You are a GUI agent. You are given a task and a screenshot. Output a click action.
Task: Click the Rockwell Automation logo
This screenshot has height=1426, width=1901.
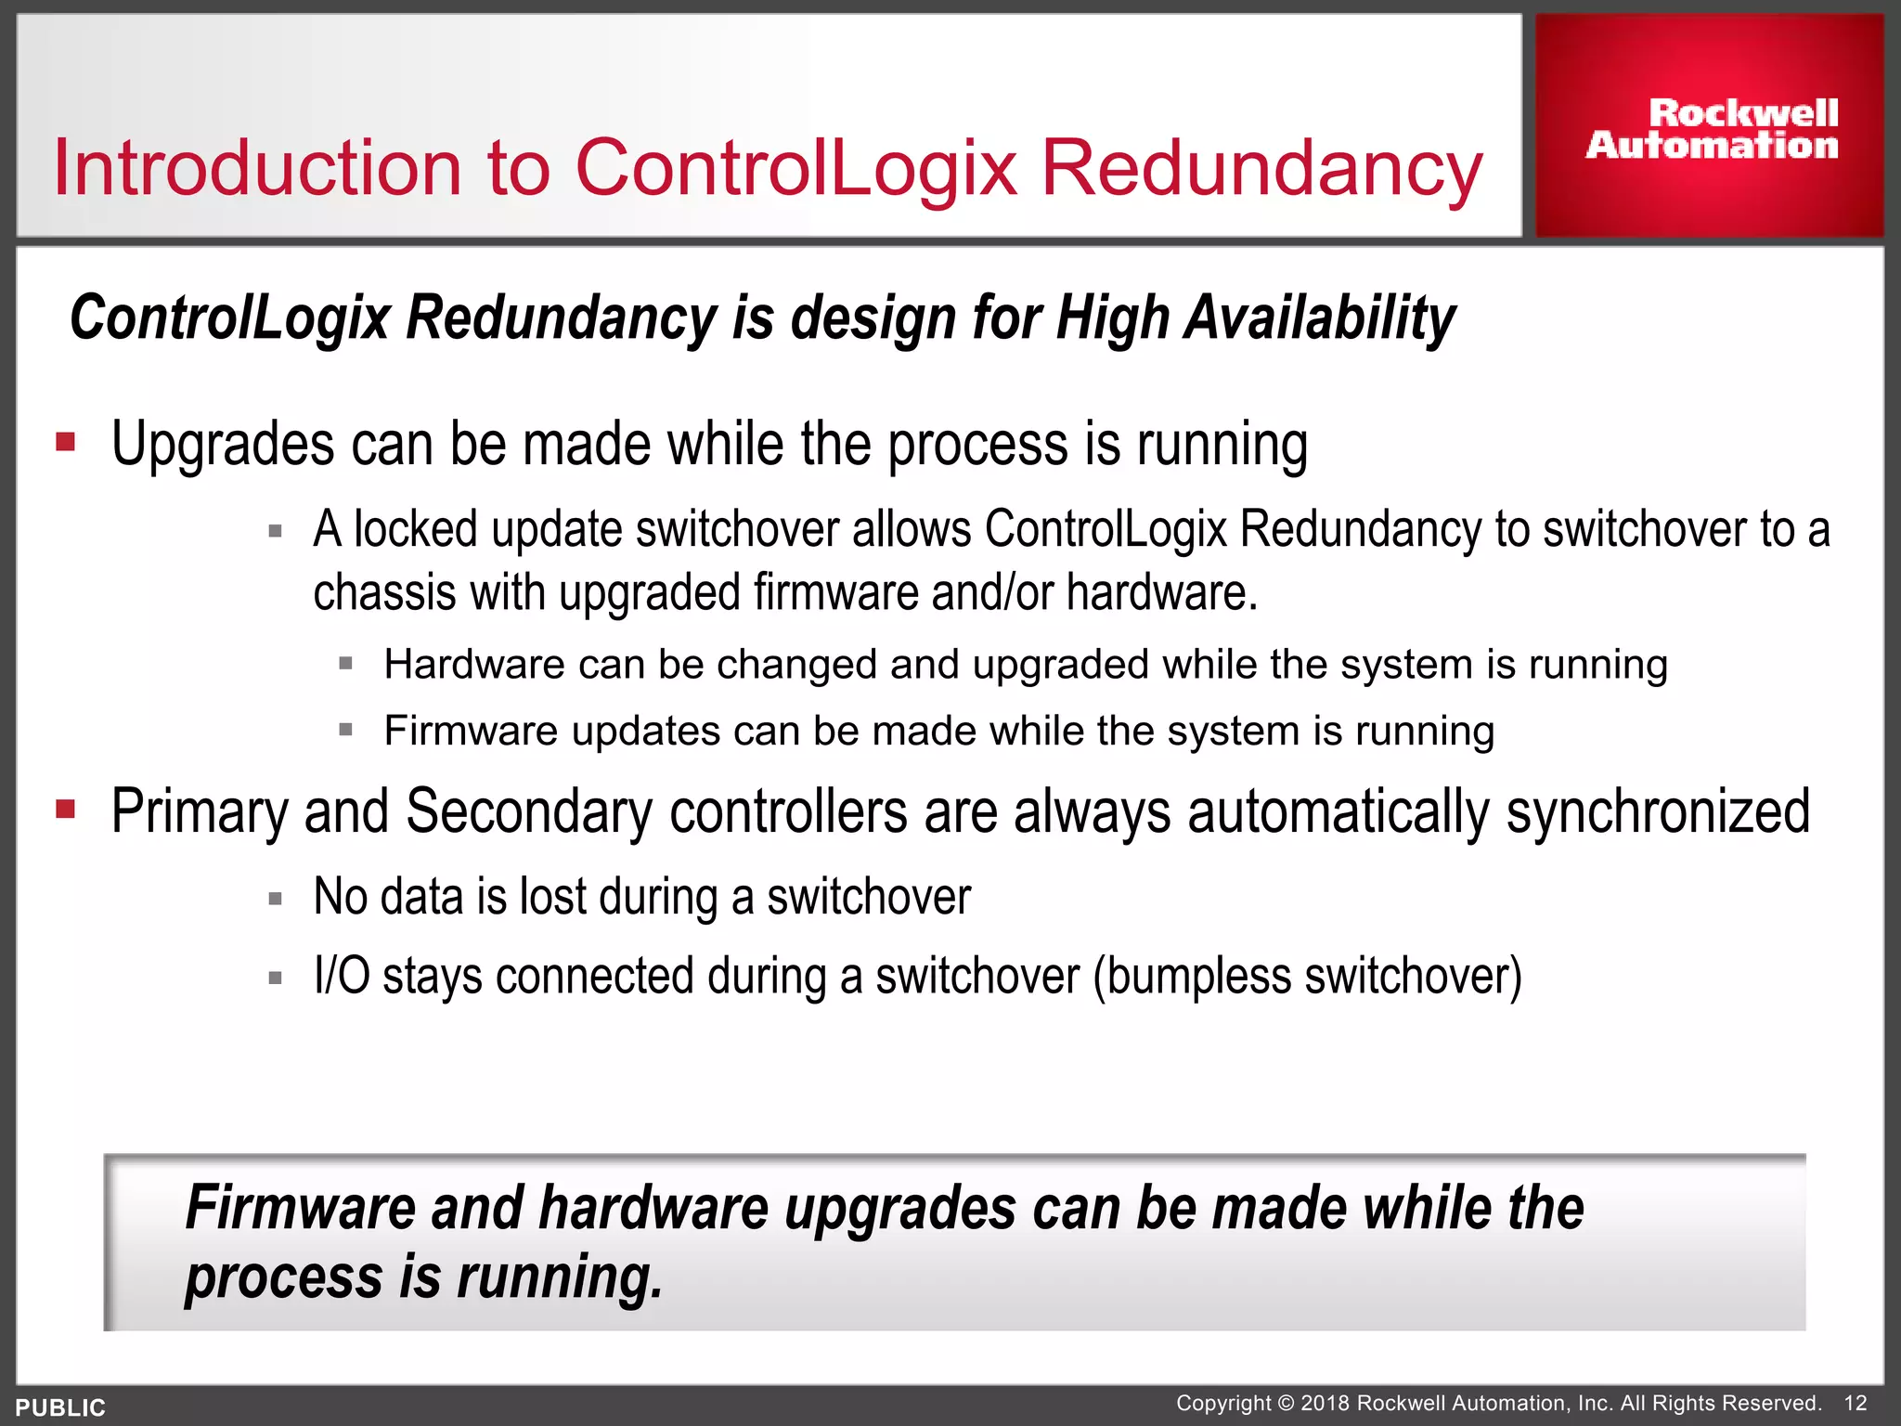(x=1711, y=129)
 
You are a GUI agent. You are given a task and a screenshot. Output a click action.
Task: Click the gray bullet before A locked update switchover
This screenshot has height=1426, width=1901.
(x=275, y=532)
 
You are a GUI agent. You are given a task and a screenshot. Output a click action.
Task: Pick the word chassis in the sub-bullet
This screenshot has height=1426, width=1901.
(x=384, y=594)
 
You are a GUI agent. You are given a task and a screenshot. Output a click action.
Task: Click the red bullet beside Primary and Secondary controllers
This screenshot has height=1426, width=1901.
(x=65, y=809)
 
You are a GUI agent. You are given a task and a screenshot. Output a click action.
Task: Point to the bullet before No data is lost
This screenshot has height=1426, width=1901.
(x=275, y=899)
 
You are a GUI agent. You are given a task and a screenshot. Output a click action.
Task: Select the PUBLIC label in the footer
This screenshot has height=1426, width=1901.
(x=60, y=1407)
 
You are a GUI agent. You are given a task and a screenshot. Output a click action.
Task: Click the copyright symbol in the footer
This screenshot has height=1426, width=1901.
(x=1286, y=1404)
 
